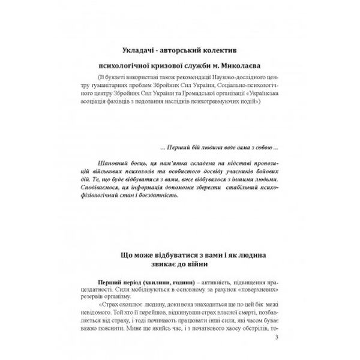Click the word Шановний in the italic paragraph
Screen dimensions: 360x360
tap(109, 162)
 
